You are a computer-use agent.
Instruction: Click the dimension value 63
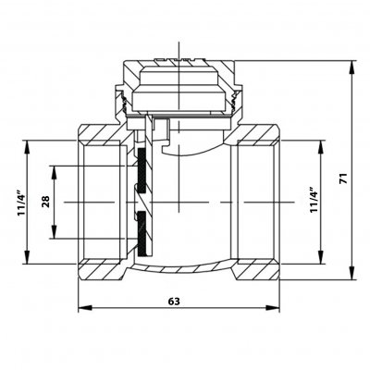[174, 302]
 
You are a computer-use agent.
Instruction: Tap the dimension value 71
[343, 179]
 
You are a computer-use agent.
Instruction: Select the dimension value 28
[45, 202]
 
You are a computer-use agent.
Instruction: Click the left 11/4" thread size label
[21, 202]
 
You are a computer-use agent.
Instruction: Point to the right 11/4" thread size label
[314, 199]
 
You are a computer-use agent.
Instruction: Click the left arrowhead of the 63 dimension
[85, 308]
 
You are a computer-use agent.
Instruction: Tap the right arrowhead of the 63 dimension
[273, 308]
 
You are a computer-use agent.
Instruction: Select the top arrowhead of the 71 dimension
[351, 68]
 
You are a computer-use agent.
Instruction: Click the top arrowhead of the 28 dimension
[55, 173]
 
